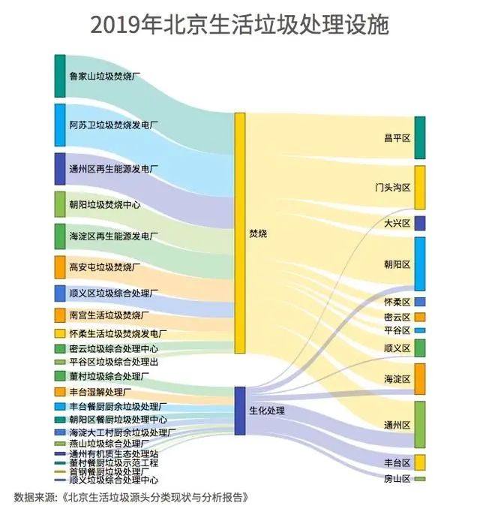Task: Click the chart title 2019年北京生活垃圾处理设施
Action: coord(240,25)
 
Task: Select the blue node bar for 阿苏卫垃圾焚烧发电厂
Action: coord(60,125)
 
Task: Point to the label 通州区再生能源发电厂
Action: coord(113,169)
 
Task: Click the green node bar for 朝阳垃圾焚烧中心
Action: coord(60,204)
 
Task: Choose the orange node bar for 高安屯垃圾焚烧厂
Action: coord(60,267)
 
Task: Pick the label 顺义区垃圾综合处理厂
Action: coord(113,293)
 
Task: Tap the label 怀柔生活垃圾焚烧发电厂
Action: coord(117,333)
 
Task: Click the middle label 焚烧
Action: coord(257,234)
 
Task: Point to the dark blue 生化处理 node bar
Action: coord(240,411)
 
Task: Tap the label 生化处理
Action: coord(266,411)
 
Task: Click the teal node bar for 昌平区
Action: coord(420,137)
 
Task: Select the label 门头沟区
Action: coord(392,186)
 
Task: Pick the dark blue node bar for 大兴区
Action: coord(420,223)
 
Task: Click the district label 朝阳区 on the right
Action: coord(397,264)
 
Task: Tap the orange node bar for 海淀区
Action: coord(420,378)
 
